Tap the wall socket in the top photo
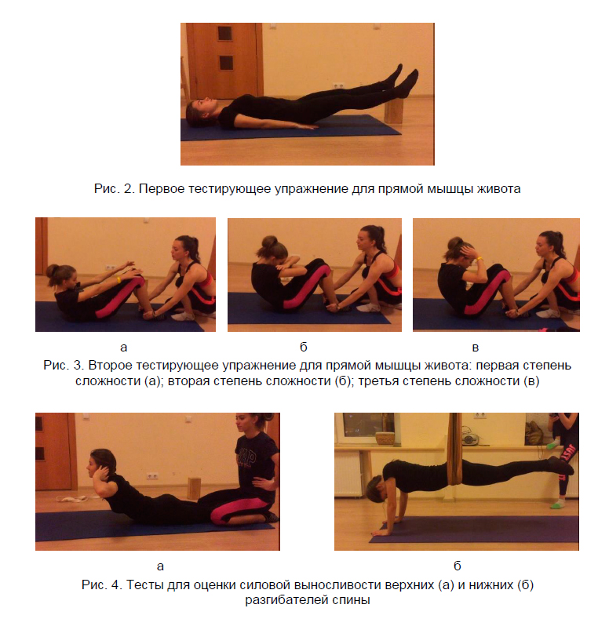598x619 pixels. [338, 86]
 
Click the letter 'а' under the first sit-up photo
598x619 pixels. [124, 348]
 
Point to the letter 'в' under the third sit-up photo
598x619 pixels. [475, 348]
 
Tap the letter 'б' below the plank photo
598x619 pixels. [457, 566]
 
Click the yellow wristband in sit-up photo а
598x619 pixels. [118, 280]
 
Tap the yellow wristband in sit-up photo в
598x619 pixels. [480, 259]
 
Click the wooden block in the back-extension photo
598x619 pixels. [194, 488]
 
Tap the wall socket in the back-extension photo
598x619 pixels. [152, 475]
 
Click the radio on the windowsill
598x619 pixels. [470, 436]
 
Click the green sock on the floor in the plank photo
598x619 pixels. [557, 504]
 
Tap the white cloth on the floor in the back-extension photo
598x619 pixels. [73, 499]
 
